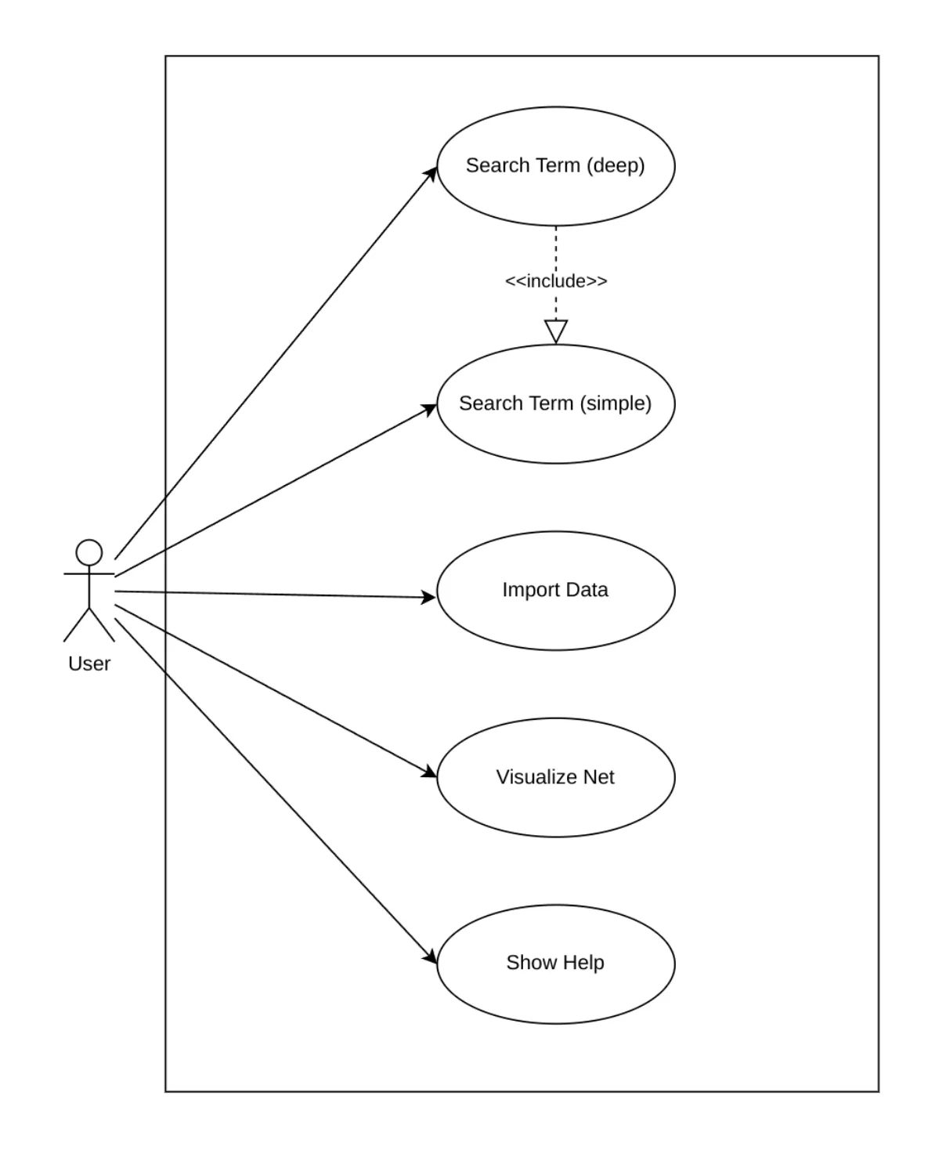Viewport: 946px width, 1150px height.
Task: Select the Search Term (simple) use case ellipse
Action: (555, 435)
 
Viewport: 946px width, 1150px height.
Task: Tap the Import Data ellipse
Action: (555, 619)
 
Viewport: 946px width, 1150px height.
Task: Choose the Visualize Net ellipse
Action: (555, 807)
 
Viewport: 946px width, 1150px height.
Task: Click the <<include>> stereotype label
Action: (555, 280)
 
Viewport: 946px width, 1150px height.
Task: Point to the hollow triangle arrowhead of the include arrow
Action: (555, 331)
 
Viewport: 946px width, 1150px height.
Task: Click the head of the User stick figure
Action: (89, 552)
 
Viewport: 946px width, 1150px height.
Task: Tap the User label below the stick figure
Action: (89, 664)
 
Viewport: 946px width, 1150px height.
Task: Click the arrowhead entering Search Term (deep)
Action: (431, 175)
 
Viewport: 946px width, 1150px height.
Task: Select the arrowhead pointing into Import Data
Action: (428, 598)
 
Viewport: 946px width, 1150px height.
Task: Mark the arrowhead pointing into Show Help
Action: (430, 957)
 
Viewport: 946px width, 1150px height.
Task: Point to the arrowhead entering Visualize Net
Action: (429, 772)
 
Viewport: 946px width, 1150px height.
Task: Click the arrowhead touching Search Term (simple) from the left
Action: (429, 408)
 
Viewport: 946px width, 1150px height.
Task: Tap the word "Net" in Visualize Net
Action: (598, 777)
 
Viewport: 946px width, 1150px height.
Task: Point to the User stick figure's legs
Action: (89, 625)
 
